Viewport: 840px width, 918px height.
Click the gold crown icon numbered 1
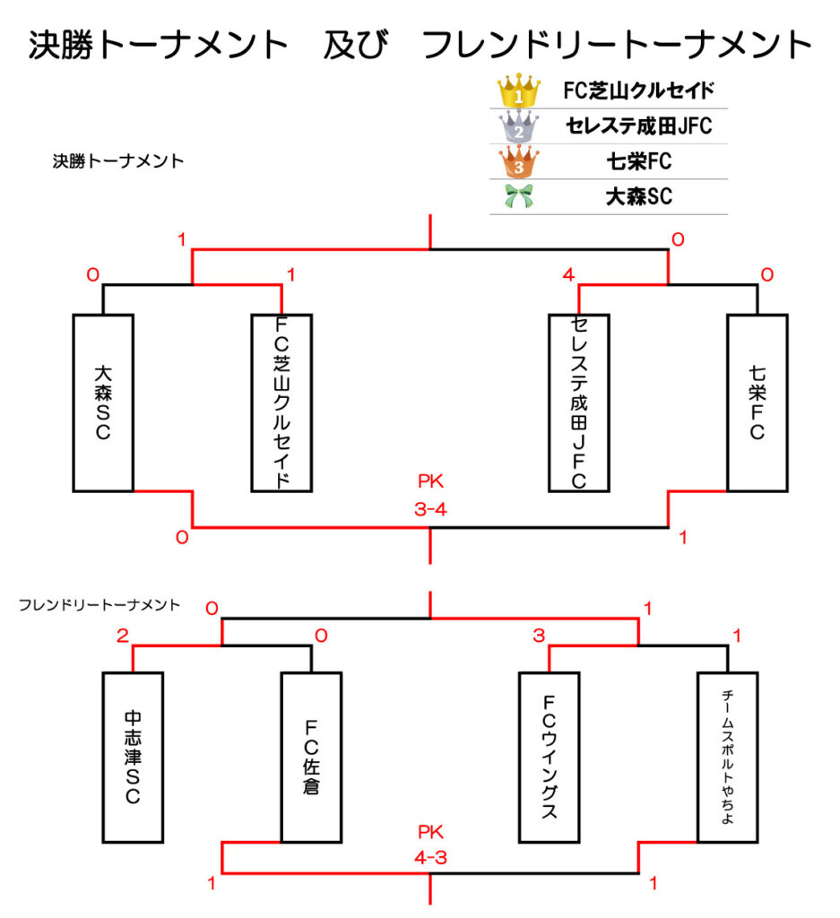point(519,91)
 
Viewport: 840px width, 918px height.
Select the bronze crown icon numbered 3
point(519,162)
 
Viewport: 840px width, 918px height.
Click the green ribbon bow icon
point(519,197)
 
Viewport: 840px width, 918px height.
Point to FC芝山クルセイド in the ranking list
point(638,91)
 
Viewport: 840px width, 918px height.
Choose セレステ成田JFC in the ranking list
point(638,126)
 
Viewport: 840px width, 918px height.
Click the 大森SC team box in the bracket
point(103,403)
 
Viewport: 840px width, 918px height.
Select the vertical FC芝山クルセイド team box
point(282,403)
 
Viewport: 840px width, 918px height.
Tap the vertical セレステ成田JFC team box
point(578,403)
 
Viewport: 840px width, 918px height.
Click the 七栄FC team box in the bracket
point(757,403)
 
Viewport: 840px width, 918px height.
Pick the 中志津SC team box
point(133,758)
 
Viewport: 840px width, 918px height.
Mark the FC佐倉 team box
point(311,758)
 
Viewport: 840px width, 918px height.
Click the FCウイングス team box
point(549,758)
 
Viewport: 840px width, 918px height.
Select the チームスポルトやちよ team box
point(727,758)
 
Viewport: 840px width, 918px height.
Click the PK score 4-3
point(430,858)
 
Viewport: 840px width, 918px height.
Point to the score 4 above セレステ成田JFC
point(568,274)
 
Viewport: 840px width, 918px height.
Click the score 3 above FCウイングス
point(539,636)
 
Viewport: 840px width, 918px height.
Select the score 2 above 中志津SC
point(122,636)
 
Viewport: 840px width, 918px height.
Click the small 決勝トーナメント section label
point(118,162)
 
